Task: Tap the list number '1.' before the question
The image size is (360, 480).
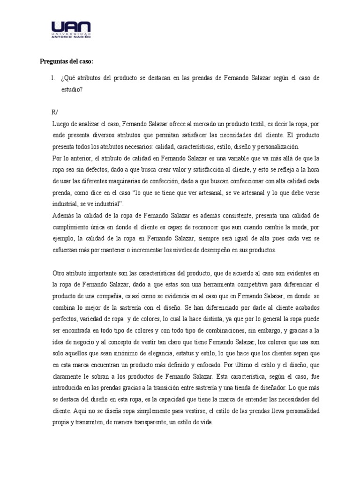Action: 54,78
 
